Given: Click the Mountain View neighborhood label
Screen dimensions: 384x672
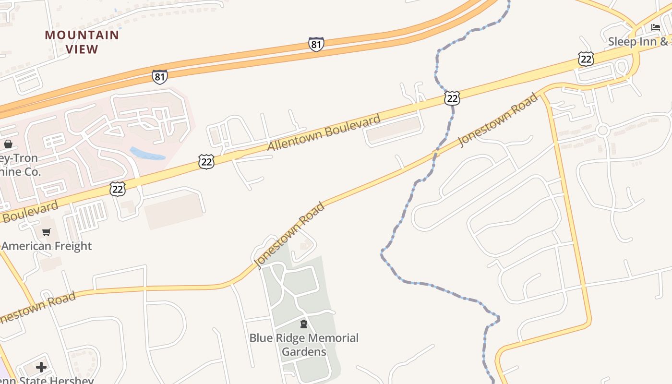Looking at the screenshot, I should pos(82,42).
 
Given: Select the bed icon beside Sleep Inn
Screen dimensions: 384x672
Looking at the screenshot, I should pos(655,27).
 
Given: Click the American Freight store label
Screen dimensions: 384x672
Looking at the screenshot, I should pos(47,246).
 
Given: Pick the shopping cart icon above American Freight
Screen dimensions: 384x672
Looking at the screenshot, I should pos(47,232).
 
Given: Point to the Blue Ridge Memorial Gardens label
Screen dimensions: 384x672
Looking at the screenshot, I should pos(304,345).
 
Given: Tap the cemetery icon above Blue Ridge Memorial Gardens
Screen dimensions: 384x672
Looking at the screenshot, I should pos(303,324).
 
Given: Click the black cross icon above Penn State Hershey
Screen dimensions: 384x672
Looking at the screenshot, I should pos(41,367).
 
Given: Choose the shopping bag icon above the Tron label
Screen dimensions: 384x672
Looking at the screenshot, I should pos(8,144).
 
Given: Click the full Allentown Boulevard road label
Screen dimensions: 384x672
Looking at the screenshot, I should pos(324,132).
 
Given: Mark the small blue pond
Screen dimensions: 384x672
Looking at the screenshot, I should pos(147,154).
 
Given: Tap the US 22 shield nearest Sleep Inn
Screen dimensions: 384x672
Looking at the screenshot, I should pos(586,59).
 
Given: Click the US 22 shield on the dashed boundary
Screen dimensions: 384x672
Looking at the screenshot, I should pos(452,98).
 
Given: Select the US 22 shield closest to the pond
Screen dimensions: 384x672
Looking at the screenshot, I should pos(206,162).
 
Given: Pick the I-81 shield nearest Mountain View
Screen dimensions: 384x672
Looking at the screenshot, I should pos(160,77).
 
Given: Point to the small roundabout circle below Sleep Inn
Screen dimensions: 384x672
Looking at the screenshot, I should pos(603,130).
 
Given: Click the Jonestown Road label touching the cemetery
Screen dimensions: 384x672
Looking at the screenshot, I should pos(290,235).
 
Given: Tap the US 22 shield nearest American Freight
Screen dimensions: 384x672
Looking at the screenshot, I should pos(118,189).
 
